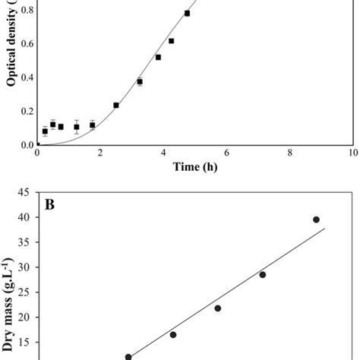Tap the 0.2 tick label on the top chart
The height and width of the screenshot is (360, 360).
tap(25, 111)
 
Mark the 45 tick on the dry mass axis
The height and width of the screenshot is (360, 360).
tap(24, 192)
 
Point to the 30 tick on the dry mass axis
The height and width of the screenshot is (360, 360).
tap(24, 267)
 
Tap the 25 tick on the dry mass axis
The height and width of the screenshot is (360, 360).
tap(24, 292)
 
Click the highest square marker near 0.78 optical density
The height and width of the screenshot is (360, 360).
tap(187, 13)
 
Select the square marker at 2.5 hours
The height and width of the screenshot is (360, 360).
tap(116, 106)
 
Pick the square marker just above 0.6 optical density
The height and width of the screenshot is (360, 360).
tap(171, 41)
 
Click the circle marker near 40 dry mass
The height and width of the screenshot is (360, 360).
tap(316, 219)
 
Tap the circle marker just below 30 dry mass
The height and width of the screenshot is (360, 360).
tap(262, 274)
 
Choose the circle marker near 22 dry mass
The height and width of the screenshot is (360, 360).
tap(217, 308)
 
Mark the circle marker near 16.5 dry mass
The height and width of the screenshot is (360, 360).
tap(173, 335)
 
